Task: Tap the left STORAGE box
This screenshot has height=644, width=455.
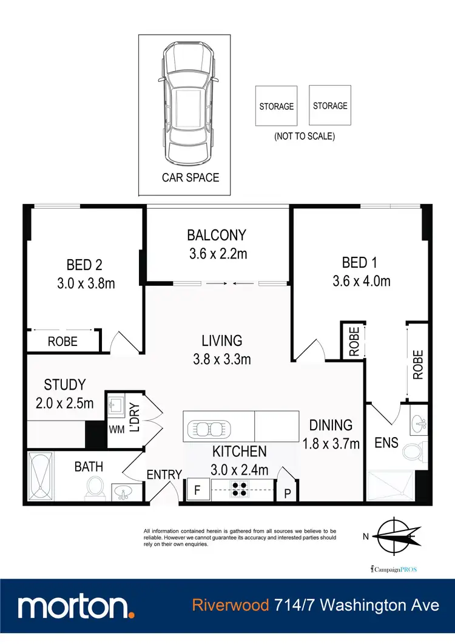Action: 276,106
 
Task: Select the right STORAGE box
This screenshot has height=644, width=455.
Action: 330,106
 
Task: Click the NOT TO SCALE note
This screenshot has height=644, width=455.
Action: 304,136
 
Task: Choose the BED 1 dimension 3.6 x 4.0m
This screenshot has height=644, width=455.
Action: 361,281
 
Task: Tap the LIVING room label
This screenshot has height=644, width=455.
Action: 222,341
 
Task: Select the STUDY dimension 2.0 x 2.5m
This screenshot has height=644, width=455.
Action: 69,402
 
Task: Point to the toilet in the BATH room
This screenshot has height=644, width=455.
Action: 95,486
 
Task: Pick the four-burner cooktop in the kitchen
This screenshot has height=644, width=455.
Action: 237,489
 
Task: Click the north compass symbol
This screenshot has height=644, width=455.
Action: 395,535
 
